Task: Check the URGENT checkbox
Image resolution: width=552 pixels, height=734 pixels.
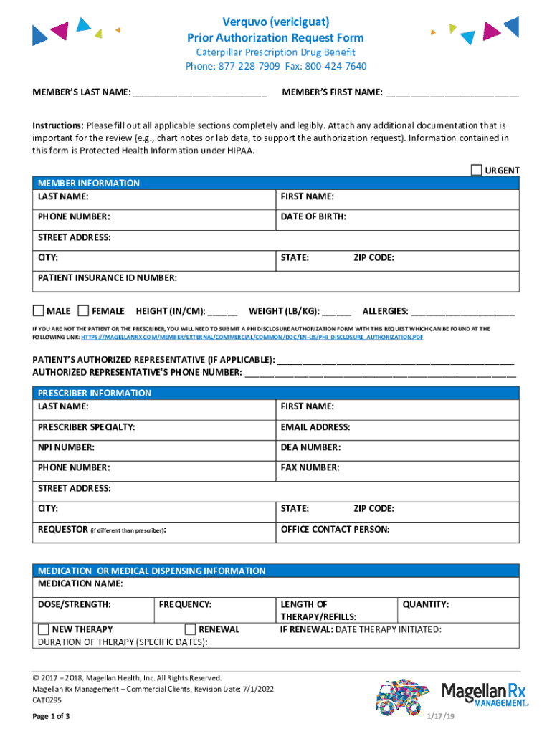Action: (477, 170)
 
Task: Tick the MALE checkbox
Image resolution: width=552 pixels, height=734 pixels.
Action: (39, 310)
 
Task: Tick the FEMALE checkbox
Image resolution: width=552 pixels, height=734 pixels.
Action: (83, 310)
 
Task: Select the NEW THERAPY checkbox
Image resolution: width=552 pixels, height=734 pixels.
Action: (44, 629)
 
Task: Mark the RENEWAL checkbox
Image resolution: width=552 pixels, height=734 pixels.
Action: (190, 629)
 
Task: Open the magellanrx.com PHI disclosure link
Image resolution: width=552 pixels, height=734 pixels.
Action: (252, 336)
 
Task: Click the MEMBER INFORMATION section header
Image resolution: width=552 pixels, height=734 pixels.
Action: (89, 183)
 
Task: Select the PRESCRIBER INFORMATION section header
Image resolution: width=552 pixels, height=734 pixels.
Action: (95, 393)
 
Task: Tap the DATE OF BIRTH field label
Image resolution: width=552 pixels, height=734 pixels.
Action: (313, 216)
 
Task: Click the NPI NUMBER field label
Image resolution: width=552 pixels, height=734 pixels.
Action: (66, 447)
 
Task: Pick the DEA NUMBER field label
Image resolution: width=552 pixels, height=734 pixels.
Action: (310, 447)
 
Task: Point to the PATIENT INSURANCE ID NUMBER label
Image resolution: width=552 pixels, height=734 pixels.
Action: (108, 278)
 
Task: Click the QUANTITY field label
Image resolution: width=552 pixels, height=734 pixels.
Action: (426, 604)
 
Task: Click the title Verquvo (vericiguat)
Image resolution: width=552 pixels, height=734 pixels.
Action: (275, 22)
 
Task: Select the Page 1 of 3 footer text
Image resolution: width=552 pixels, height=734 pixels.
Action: (51, 717)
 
